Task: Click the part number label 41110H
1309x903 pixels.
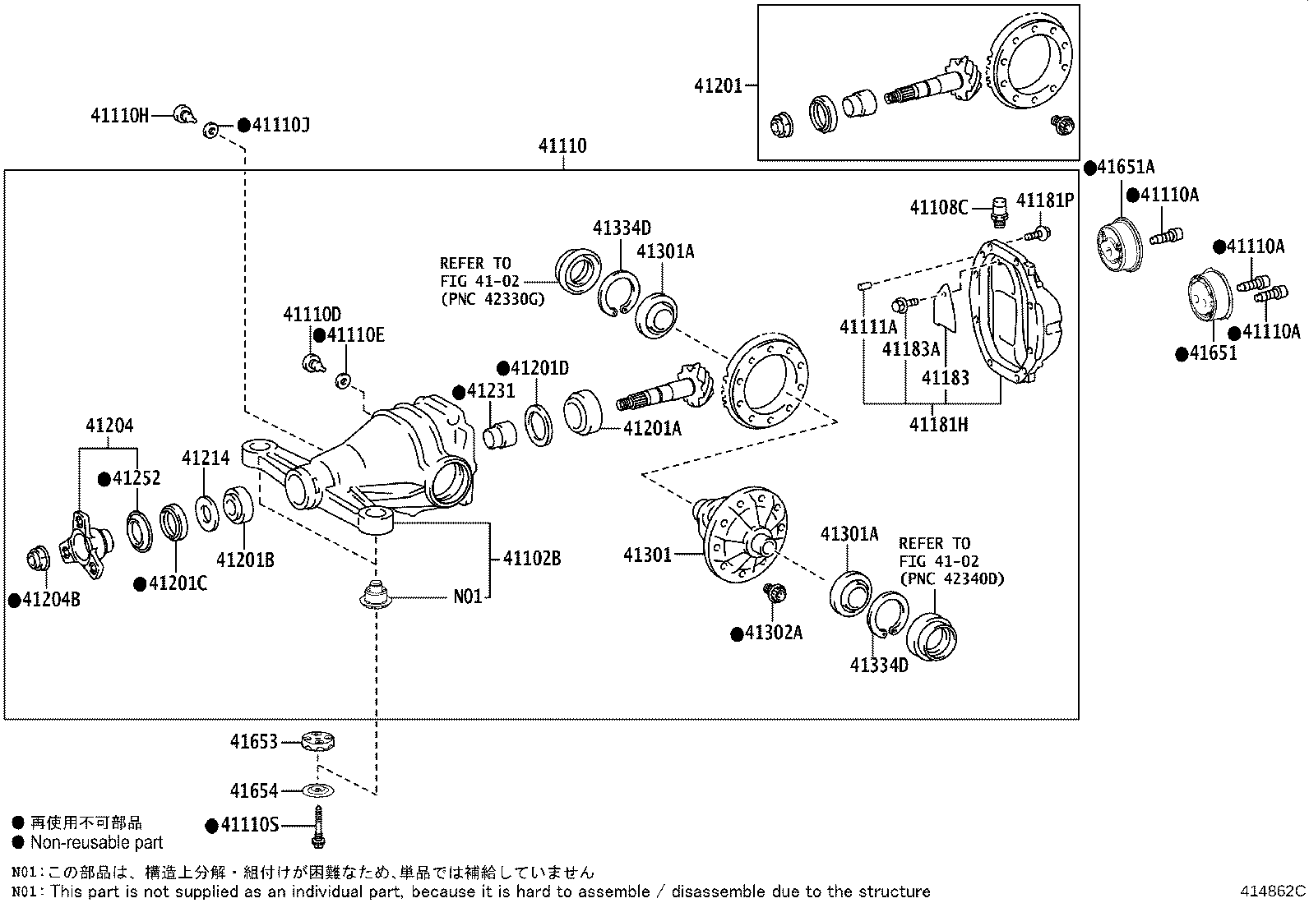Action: point(119,115)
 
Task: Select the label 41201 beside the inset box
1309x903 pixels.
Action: point(717,85)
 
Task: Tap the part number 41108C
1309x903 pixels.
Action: point(938,207)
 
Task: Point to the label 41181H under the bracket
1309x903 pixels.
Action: point(937,425)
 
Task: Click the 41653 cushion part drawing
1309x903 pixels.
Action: point(317,740)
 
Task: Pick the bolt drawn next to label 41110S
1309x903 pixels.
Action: point(317,826)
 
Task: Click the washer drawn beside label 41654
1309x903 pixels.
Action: point(317,790)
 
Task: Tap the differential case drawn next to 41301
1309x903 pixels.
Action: point(740,534)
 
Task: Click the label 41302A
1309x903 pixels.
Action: point(774,633)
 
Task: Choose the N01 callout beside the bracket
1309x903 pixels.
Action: point(467,597)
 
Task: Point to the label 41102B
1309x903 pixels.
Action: point(531,559)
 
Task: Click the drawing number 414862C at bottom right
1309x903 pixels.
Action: point(1273,891)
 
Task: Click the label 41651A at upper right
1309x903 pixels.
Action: point(1125,168)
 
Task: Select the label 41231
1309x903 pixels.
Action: point(490,391)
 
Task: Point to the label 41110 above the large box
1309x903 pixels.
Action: point(562,146)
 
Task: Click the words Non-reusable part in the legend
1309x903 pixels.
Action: point(96,842)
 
